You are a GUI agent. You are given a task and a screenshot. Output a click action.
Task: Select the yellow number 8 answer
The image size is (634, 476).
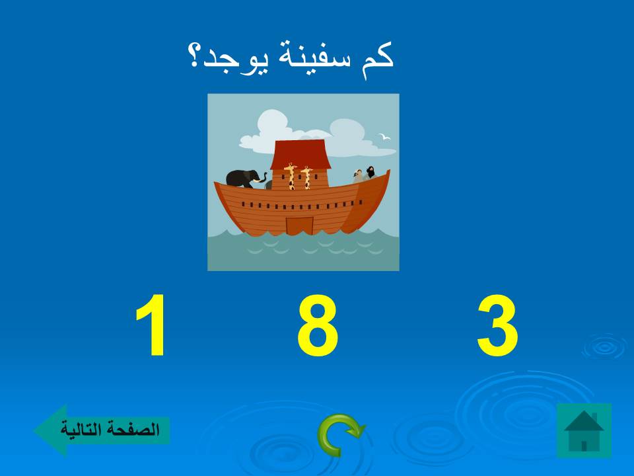(x=317, y=327)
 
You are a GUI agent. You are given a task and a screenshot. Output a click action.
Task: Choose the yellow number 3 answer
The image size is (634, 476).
(x=497, y=327)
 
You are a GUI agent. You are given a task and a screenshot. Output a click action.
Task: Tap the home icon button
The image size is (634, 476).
(x=584, y=430)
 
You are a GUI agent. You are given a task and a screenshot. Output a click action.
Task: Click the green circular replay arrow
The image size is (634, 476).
(x=340, y=434)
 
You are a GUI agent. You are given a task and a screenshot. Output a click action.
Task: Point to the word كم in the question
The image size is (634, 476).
(x=378, y=56)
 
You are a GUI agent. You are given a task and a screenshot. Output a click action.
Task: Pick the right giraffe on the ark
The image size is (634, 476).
(x=306, y=177)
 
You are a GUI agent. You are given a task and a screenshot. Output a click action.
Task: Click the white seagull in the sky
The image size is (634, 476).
(x=384, y=137)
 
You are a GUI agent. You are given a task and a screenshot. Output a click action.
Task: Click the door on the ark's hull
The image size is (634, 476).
(x=299, y=225)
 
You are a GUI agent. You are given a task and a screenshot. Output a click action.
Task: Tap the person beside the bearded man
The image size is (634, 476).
(x=359, y=175)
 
